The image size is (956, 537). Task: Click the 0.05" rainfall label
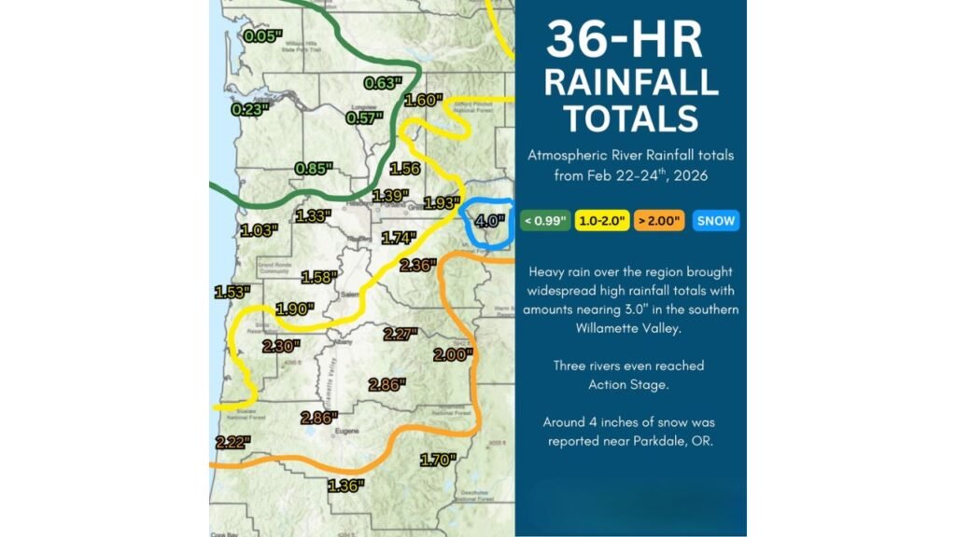pos(262,36)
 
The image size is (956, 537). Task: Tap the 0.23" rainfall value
pos(249,108)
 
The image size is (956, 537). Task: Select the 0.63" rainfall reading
pos(383,83)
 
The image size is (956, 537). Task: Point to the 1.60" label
pos(422,101)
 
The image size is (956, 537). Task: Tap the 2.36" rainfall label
pos(417,265)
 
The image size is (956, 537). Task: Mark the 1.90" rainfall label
pos(295,309)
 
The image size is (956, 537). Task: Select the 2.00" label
pos(454,355)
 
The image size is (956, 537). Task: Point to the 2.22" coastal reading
pos(232,442)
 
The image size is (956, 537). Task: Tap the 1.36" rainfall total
pos(345,484)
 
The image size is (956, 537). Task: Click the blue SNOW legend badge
pos(717,221)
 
